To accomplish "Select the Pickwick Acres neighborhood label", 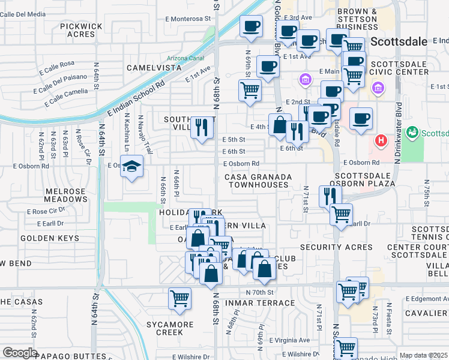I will (x=77, y=31).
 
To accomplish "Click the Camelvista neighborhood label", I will (x=154, y=68).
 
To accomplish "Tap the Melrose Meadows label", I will (x=57, y=195).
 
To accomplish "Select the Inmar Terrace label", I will (x=260, y=303).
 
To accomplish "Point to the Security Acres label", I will (x=337, y=247).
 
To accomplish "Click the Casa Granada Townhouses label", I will (x=258, y=181).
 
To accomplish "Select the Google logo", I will (x=19, y=353).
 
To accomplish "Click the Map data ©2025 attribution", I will (x=423, y=355).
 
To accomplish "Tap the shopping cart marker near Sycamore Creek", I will (x=179, y=298).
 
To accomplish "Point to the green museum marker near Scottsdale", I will (x=412, y=131).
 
